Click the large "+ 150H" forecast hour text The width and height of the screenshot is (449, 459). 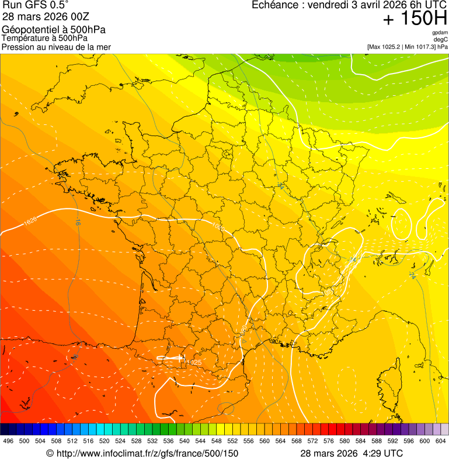[x=415, y=19]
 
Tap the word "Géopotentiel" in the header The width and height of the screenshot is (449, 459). [x=28, y=30]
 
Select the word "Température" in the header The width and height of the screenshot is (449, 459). [x=25, y=39]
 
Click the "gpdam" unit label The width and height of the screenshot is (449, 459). [x=440, y=33]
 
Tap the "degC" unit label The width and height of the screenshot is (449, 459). [x=441, y=39]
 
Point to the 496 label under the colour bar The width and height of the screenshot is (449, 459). [x=8, y=441]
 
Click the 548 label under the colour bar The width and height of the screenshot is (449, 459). [x=216, y=441]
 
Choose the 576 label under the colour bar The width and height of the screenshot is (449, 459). [x=328, y=441]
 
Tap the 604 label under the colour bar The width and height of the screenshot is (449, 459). [x=440, y=441]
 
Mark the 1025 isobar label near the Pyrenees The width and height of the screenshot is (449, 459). [x=194, y=363]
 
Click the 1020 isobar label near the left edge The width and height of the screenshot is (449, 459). [x=30, y=222]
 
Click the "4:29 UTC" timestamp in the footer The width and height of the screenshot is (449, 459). [x=383, y=453]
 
